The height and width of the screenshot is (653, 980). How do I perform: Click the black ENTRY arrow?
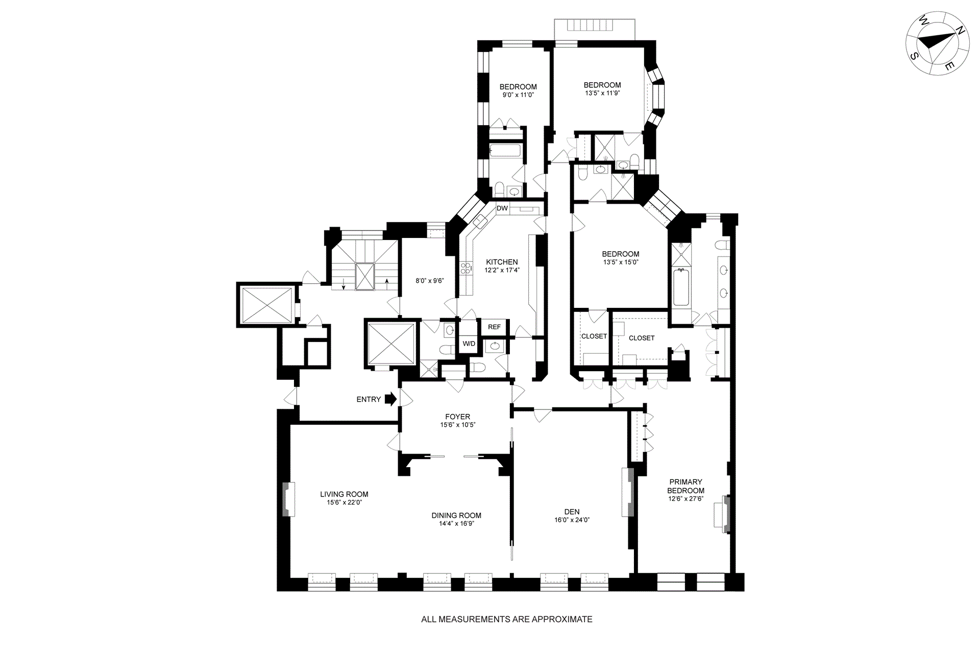click(x=390, y=399)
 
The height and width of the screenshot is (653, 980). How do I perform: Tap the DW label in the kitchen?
click(x=502, y=208)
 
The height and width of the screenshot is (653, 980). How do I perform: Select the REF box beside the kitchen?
click(x=494, y=327)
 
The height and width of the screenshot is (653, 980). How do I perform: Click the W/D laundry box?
click(x=469, y=344)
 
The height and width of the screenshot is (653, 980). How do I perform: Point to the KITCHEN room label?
click(x=502, y=262)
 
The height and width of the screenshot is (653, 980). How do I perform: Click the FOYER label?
click(x=457, y=417)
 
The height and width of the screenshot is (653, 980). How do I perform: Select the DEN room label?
click(x=572, y=512)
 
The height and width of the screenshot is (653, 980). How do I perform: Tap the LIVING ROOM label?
click(x=344, y=494)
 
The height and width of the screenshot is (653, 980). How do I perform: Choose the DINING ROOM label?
click(x=456, y=515)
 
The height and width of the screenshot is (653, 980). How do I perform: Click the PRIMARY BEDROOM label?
click(x=685, y=486)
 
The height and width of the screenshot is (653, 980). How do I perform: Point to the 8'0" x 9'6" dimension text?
click(x=430, y=280)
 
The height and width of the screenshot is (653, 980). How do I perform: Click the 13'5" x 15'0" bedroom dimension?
click(x=621, y=262)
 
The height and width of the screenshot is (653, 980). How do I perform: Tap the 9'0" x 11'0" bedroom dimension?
click(x=518, y=95)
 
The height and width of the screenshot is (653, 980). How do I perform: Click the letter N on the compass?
click(x=960, y=44)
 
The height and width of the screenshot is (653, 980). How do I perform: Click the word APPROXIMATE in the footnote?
click(x=562, y=619)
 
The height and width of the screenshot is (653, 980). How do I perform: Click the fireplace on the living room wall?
click(x=288, y=499)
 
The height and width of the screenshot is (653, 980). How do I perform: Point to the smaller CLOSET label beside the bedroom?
click(x=594, y=336)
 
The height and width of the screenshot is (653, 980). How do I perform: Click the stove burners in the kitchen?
click(x=465, y=269)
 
